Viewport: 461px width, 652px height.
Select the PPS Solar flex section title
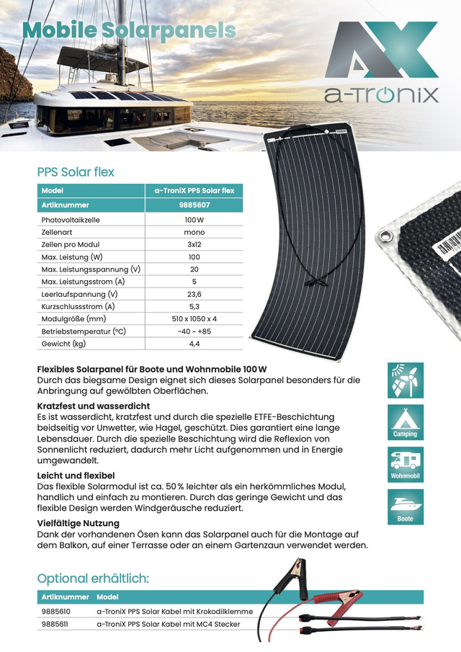point(76,172)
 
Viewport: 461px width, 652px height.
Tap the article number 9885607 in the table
point(194,205)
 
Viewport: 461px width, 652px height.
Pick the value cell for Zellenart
point(194,232)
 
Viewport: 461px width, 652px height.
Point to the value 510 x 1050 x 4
point(194,318)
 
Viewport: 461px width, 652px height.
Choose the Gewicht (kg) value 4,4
point(194,344)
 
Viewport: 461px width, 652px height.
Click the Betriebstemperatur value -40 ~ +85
point(194,331)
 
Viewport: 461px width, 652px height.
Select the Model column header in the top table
point(53,191)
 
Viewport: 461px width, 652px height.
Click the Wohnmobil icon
point(406,465)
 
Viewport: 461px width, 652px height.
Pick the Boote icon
point(406,507)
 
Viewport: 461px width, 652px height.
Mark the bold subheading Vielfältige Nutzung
point(78,523)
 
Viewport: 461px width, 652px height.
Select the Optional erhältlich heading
point(93,579)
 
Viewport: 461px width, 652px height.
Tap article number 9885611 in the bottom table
point(57,624)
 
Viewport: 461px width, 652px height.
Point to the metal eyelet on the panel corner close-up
point(388,236)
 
